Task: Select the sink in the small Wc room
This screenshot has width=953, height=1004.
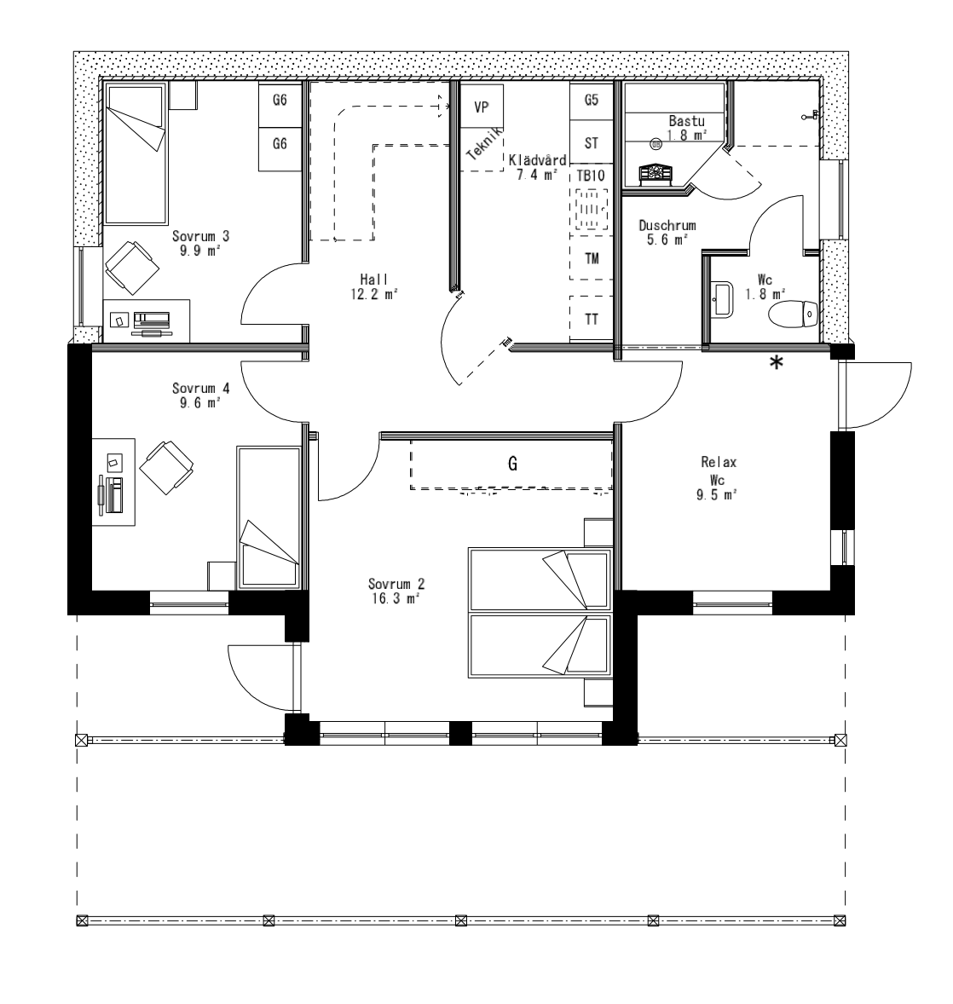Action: point(723,299)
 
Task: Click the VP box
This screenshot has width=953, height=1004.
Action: point(482,107)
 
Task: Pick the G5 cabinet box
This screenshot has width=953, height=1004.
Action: point(592,100)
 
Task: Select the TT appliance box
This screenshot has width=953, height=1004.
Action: point(592,320)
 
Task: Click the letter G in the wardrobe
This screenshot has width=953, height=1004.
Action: point(512,464)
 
